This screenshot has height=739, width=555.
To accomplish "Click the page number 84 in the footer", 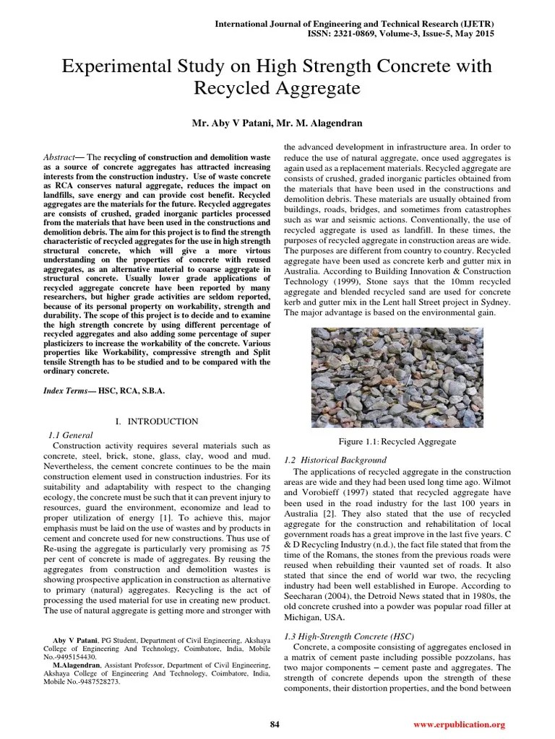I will [x=275, y=724].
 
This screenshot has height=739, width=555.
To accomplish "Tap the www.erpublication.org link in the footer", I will [x=459, y=724].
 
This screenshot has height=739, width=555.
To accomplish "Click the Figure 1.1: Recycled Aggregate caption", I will [x=397, y=441].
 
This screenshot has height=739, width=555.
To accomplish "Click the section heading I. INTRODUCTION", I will [x=157, y=421].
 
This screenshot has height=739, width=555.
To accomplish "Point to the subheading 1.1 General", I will [x=71, y=435].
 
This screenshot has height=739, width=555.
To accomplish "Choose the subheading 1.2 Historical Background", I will [x=336, y=460].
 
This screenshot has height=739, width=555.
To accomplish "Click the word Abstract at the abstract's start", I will [x=59, y=156].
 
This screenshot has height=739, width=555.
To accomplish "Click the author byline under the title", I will [x=277, y=123].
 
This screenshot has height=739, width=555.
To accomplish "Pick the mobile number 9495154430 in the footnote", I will [x=78, y=657].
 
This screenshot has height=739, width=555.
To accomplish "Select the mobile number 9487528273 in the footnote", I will [x=101, y=681].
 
